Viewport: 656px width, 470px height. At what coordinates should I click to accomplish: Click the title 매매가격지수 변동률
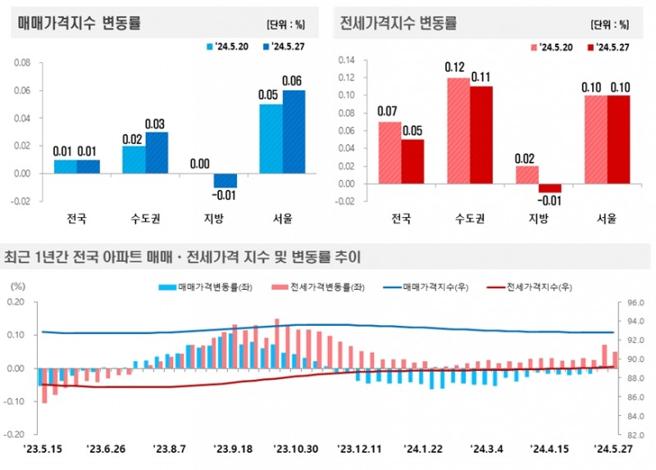tap(80, 23)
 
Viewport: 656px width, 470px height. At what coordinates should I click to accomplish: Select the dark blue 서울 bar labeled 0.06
tap(294, 131)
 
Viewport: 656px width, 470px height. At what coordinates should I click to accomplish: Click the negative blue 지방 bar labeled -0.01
tap(225, 180)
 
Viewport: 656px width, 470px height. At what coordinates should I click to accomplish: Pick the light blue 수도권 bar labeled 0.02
tap(134, 160)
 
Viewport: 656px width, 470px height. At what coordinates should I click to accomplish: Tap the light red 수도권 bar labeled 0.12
tap(458, 131)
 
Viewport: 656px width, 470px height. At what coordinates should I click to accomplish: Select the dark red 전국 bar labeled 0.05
tap(412, 161)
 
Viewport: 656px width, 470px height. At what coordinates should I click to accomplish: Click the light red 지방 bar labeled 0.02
tap(526, 175)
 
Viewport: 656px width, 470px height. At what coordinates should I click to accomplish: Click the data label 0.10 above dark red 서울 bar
tap(621, 87)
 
